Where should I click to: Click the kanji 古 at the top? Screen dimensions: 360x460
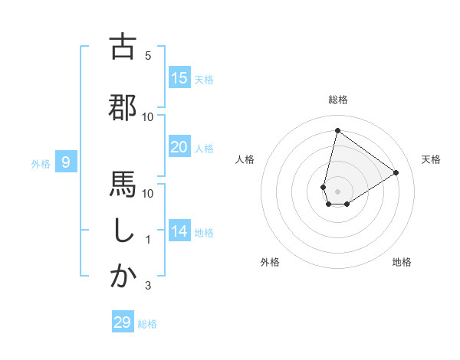coord(123,47)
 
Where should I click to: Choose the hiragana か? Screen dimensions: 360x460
coord(123,277)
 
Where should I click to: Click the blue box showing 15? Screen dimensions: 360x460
coord(179,78)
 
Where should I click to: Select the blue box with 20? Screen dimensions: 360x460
coord(179,147)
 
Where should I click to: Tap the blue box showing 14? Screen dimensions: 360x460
coord(179,231)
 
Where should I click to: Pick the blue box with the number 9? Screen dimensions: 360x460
coord(66,162)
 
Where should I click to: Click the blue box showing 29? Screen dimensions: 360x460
coord(123,322)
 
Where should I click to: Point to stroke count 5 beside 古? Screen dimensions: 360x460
coord(148,56)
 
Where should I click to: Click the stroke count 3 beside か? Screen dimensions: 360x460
coord(148,286)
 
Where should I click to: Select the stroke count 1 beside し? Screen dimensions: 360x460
coord(148,240)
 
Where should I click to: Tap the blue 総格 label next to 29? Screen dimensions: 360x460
coord(147,324)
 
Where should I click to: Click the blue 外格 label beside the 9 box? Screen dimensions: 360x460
coord(41,163)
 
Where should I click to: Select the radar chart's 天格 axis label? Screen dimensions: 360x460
coord(431,159)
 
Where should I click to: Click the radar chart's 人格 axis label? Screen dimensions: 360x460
coord(245,159)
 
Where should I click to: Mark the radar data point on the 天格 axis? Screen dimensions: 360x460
coord(396,172)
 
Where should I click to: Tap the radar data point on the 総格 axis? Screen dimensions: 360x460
coord(337,130)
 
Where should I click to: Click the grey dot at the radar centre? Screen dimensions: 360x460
coord(337,191)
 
